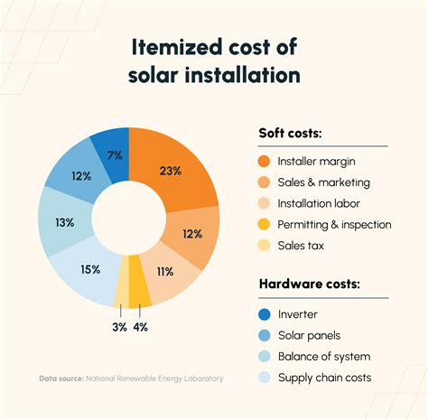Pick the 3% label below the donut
click(119, 327)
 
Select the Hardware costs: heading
click(310, 285)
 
